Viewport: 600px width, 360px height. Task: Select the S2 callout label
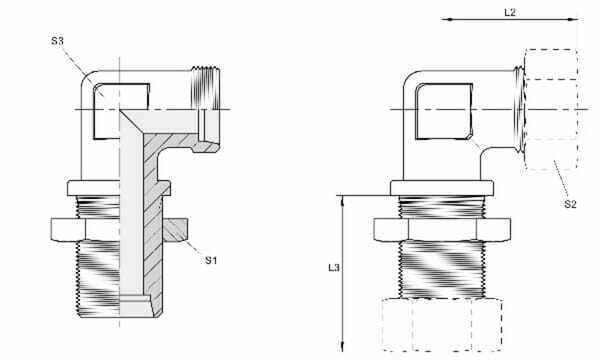(570, 204)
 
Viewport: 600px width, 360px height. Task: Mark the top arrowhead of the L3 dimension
(344, 200)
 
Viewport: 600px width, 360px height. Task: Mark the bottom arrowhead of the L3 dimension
(344, 348)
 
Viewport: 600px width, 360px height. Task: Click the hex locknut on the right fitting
(441, 230)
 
